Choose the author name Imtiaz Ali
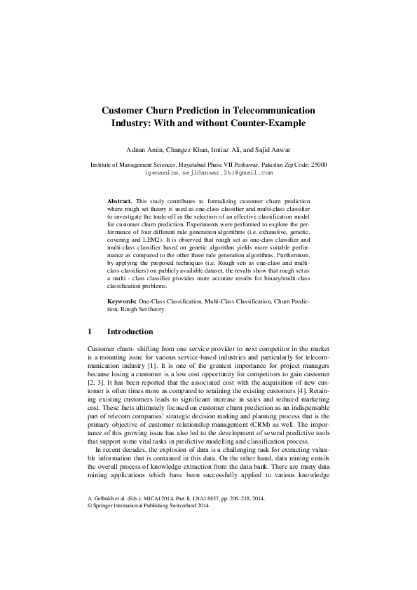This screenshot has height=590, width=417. [x=231, y=150]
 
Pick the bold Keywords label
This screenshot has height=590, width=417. [x=123, y=300]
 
